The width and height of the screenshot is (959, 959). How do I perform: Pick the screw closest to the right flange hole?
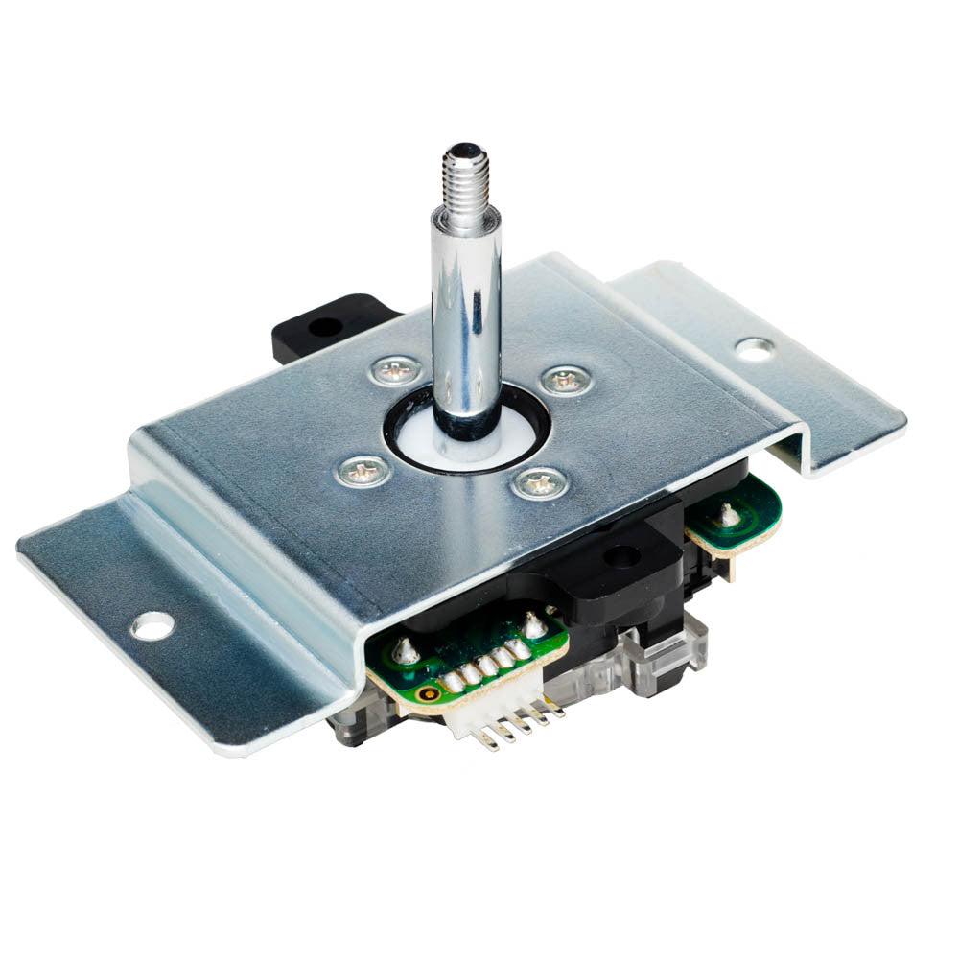[566, 381]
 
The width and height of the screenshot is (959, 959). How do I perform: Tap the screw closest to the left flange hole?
[364, 470]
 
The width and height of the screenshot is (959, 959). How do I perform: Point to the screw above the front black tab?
[539, 482]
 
